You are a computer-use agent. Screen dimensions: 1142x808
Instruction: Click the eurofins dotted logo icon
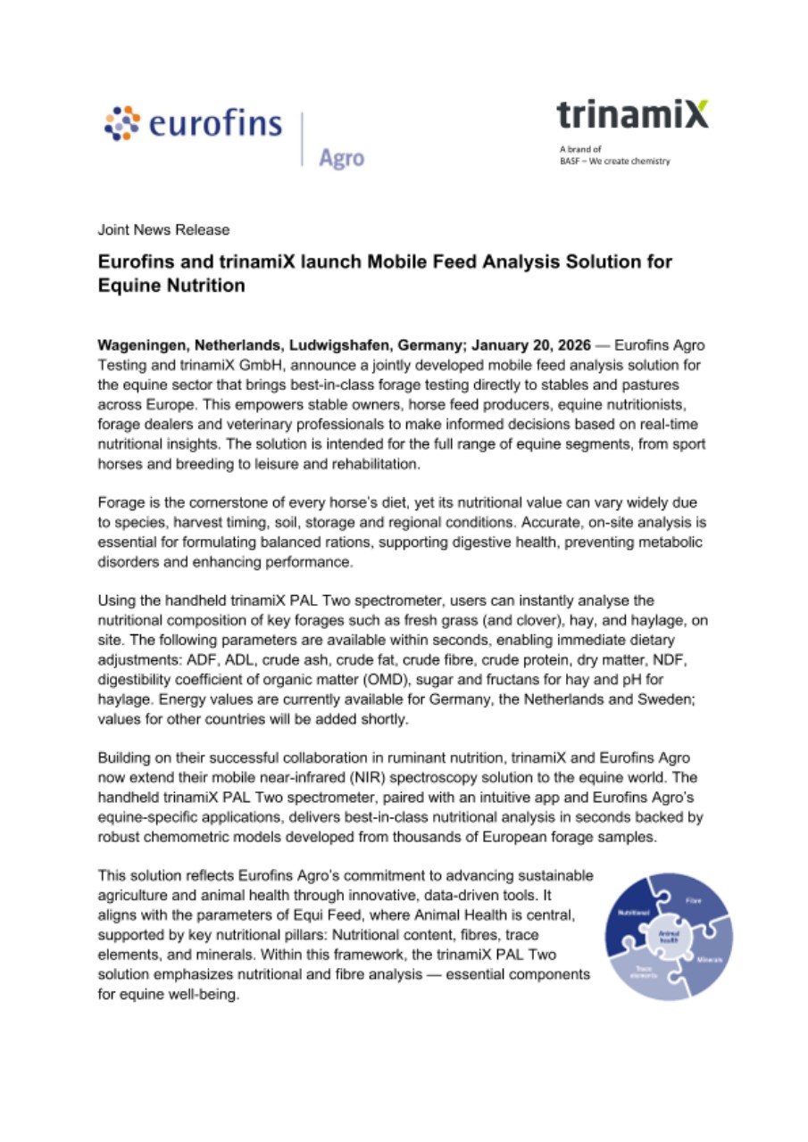pyautogui.click(x=121, y=122)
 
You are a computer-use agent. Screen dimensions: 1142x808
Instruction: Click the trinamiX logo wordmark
pyautogui.click(x=632, y=114)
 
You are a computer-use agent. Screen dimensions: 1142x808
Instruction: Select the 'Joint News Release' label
pyautogui.click(x=163, y=230)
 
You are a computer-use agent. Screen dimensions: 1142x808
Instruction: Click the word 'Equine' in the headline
pyautogui.click(x=137, y=286)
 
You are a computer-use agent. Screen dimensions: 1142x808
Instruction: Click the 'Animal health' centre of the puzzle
pyautogui.click(x=669, y=936)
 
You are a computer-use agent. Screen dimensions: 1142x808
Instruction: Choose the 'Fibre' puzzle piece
pyautogui.click(x=694, y=901)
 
